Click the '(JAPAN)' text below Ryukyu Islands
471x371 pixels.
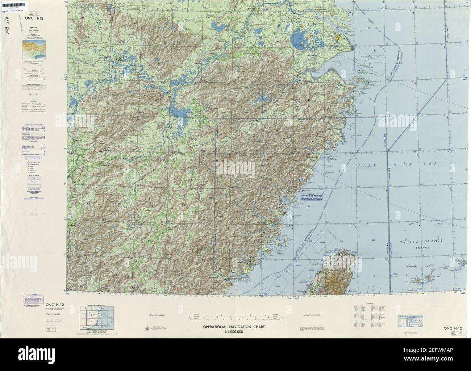click(x=420, y=247)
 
